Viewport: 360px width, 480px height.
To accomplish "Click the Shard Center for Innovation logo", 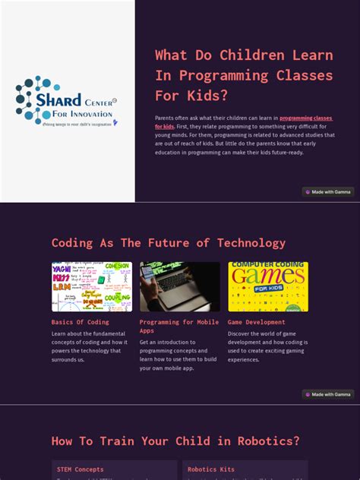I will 67,100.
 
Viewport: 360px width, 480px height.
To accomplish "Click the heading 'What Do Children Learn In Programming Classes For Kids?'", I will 244,75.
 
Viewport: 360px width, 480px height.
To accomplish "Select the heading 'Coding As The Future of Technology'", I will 169,243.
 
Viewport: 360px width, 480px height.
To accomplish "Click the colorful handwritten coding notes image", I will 91,286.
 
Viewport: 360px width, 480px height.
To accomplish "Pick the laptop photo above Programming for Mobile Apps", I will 179,286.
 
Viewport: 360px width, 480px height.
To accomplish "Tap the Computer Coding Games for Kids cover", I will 268,286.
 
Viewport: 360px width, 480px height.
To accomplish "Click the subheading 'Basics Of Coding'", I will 81,322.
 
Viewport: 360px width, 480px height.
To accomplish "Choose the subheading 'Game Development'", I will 257,322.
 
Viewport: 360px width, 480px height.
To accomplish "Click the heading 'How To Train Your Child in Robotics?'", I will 175,441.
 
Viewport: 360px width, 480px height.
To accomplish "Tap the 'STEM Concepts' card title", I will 81,469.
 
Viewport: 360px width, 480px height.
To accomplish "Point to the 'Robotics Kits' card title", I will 212,469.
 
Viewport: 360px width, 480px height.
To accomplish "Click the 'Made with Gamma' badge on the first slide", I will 328,192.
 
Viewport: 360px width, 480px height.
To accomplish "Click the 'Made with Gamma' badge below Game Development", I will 328,394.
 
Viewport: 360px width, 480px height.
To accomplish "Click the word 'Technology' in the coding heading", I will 248,243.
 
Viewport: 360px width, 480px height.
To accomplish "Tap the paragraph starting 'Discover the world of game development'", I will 267,346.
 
